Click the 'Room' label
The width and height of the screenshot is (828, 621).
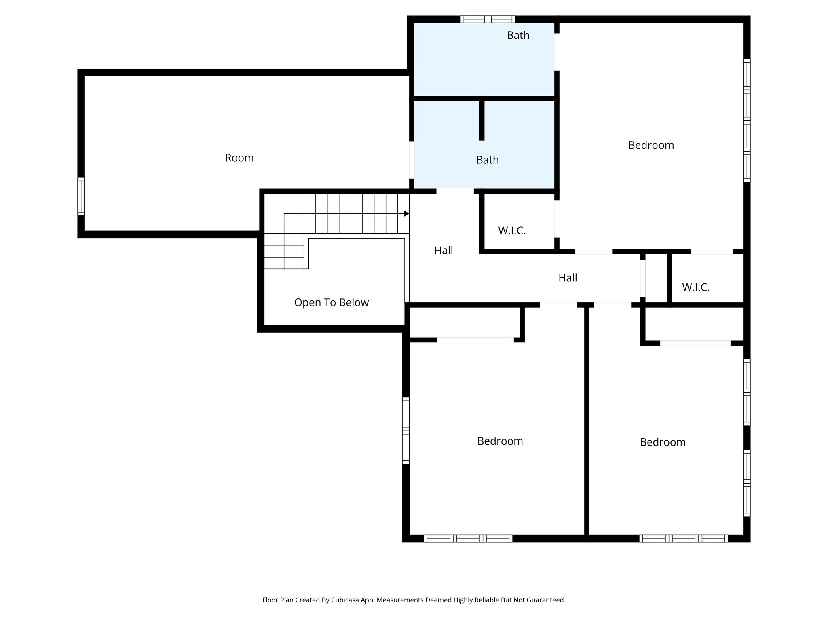[239, 158]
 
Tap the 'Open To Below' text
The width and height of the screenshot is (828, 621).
[331, 302]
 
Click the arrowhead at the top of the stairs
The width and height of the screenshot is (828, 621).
[406, 214]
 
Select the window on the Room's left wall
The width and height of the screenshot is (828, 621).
[81, 196]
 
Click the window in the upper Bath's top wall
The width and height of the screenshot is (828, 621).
[488, 19]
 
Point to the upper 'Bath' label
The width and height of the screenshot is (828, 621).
[518, 36]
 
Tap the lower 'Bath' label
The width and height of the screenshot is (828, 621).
[487, 160]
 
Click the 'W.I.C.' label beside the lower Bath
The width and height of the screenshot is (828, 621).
[511, 231]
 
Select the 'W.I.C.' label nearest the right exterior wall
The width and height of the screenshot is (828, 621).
[695, 287]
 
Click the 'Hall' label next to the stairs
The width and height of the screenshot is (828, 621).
[443, 251]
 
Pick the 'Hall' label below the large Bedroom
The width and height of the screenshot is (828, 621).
[567, 278]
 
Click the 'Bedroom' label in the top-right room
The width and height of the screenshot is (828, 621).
[651, 145]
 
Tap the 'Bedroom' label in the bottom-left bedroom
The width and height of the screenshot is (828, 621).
[500, 441]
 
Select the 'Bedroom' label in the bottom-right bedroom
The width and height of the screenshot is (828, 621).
[662, 442]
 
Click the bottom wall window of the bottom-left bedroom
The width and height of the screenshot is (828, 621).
[468, 538]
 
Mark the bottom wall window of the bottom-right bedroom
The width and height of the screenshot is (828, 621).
[683, 538]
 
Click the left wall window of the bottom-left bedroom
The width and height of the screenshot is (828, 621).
[406, 430]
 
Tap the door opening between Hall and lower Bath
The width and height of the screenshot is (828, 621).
[455, 191]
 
